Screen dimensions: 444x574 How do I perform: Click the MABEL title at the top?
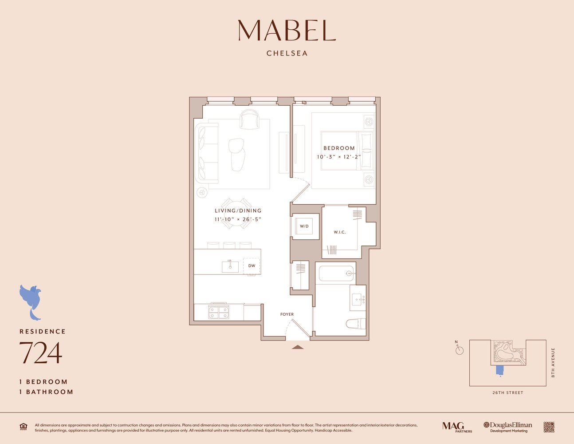coord(287,30)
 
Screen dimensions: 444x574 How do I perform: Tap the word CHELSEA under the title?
coord(287,53)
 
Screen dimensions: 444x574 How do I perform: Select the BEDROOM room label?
coord(339,148)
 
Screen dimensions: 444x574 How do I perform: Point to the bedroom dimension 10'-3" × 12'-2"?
coord(339,157)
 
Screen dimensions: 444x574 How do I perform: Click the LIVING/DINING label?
coord(238,211)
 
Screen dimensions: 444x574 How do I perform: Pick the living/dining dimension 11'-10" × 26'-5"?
coord(238,219)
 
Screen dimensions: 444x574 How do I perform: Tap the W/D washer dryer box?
coord(304,226)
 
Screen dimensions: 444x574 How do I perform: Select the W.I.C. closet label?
coord(339,232)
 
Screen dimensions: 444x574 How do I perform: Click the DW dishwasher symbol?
coord(252,266)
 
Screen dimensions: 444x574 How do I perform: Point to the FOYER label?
coord(287,314)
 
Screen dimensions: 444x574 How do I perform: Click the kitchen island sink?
coord(230,266)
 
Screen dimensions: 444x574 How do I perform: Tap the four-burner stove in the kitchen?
coord(219,313)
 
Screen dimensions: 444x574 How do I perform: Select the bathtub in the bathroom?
coord(336,274)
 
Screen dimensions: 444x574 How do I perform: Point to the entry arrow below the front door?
coord(298,347)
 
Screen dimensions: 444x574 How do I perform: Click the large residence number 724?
coord(40,353)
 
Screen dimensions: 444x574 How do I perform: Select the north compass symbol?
coord(459,350)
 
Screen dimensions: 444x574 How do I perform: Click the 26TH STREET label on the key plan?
coord(507,393)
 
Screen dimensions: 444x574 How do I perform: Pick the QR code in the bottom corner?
coord(549,427)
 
